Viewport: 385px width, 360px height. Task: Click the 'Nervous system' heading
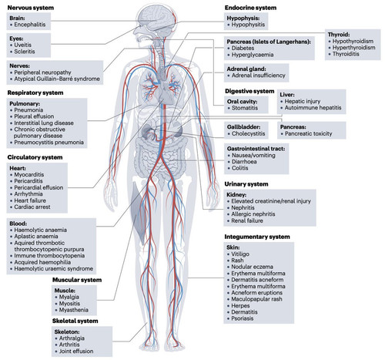tap(31, 8)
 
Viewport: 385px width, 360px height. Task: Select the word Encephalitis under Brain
tap(30, 25)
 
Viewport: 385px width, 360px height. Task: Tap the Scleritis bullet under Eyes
tap(25, 52)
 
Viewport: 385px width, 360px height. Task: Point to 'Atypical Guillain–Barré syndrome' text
tap(57, 79)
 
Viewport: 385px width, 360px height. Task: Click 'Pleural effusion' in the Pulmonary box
tap(34, 116)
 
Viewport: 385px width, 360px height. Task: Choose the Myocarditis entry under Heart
tap(29, 175)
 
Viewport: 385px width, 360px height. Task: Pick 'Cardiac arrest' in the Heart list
tap(32, 207)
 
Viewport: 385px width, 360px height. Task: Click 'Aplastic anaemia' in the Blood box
tap(36, 237)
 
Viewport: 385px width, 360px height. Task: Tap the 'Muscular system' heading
tap(77, 280)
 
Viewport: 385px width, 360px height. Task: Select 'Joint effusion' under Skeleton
tap(76, 351)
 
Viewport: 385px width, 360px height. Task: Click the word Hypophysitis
tap(248, 25)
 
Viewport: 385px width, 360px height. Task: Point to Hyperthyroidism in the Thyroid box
tap(353, 48)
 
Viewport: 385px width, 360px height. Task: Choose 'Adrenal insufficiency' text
tap(259, 76)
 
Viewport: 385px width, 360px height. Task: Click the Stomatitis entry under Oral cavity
tap(245, 108)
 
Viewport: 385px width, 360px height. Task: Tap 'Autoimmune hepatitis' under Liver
tap(313, 108)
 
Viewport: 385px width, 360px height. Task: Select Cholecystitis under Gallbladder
tap(248, 133)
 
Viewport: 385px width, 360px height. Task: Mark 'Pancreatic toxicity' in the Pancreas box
tap(308, 133)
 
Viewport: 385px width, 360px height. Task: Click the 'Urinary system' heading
tap(246, 184)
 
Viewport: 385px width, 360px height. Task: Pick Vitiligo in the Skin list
tap(240, 254)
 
